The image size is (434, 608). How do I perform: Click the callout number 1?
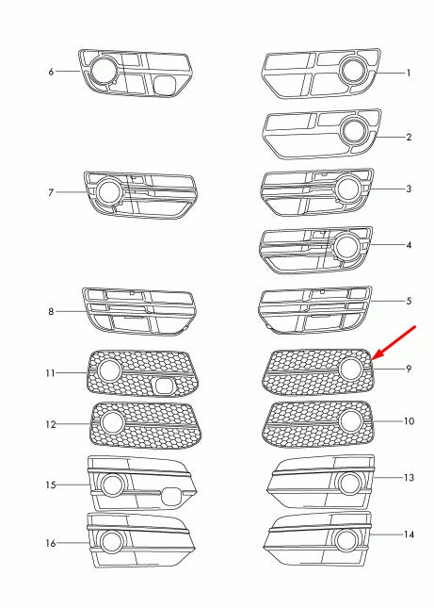pos(409,73)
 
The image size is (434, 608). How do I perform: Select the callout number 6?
pos(51,72)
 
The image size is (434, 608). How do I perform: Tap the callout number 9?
pos(409,369)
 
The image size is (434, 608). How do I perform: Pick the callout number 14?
pos(409,534)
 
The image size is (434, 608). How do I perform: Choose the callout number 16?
pos(51,543)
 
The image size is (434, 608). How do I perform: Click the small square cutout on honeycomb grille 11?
pos(166,385)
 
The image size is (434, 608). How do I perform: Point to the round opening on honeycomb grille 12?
pos(112,423)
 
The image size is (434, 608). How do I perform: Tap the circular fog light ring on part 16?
pos(112,542)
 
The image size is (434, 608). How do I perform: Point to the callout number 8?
pos(51,311)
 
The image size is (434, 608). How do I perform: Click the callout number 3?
pos(409,189)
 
